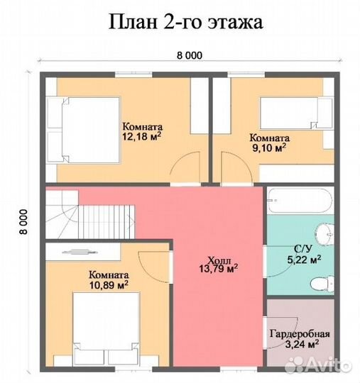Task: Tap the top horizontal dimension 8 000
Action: [x=189, y=56]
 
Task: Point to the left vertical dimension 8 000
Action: [x=23, y=221]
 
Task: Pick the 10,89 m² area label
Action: [x=109, y=284]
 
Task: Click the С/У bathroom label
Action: [x=304, y=249]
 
